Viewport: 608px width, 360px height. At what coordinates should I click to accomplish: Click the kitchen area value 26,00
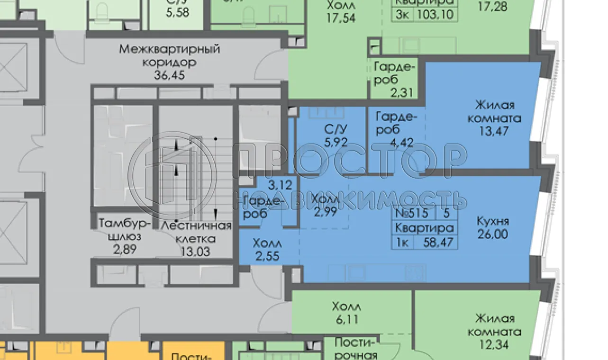point(493,234)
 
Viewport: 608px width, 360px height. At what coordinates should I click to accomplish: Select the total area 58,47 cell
point(435,243)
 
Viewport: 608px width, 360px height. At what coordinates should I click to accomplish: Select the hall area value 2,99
point(326,212)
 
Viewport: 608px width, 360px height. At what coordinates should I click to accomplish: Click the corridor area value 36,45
point(169,75)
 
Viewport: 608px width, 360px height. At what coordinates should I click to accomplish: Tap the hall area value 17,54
point(341,18)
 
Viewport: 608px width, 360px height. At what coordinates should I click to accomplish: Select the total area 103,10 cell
point(435,14)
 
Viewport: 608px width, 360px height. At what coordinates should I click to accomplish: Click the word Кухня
point(493,221)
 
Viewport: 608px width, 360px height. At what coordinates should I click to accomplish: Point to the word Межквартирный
point(169,49)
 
